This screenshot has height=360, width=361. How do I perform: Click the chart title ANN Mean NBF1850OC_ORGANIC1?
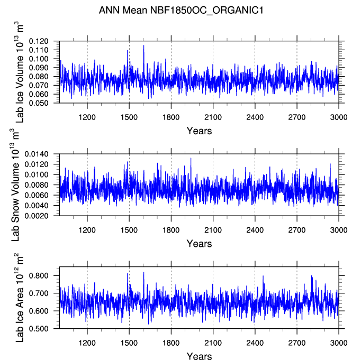(x=180, y=10)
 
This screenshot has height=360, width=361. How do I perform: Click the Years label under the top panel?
(x=199, y=131)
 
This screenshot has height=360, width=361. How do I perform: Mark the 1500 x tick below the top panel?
(x=129, y=118)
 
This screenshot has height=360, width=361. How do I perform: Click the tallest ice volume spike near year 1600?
(x=143, y=46)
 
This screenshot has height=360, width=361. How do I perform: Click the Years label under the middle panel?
(x=199, y=244)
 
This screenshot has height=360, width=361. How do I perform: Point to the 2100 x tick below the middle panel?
(x=213, y=230)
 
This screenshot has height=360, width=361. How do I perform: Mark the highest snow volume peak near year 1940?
(x=191, y=159)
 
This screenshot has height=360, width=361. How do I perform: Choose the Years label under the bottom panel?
(x=199, y=356)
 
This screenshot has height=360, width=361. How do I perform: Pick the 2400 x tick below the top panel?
(x=255, y=118)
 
